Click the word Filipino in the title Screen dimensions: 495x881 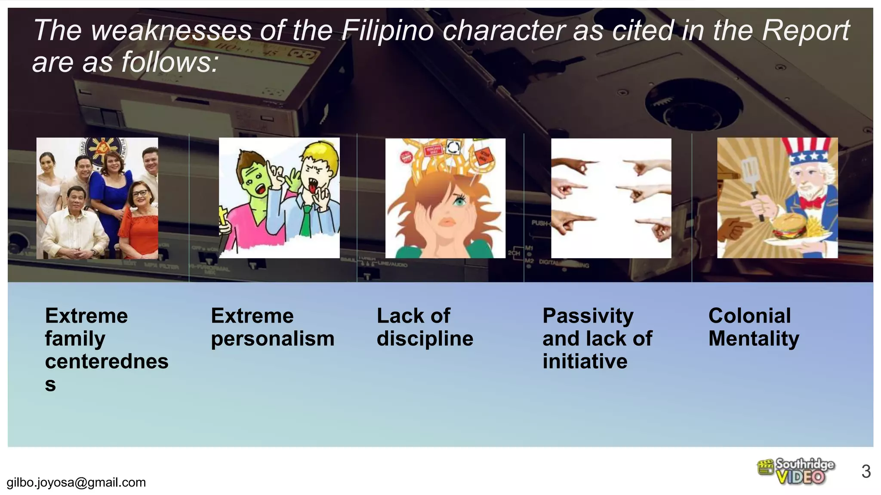point(387,31)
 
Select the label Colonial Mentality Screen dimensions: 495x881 point(753,327)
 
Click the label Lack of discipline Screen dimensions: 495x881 point(425,327)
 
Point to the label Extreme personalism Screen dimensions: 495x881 point(272,327)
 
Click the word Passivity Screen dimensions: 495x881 point(588,316)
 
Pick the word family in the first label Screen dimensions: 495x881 point(75,339)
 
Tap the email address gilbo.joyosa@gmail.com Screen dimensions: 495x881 point(76,483)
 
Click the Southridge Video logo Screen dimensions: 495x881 point(796,471)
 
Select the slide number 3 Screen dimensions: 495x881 point(866,471)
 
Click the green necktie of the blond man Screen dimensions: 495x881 point(306,221)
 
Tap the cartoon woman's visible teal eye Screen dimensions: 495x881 point(460,200)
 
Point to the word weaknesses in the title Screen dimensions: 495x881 point(171,31)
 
